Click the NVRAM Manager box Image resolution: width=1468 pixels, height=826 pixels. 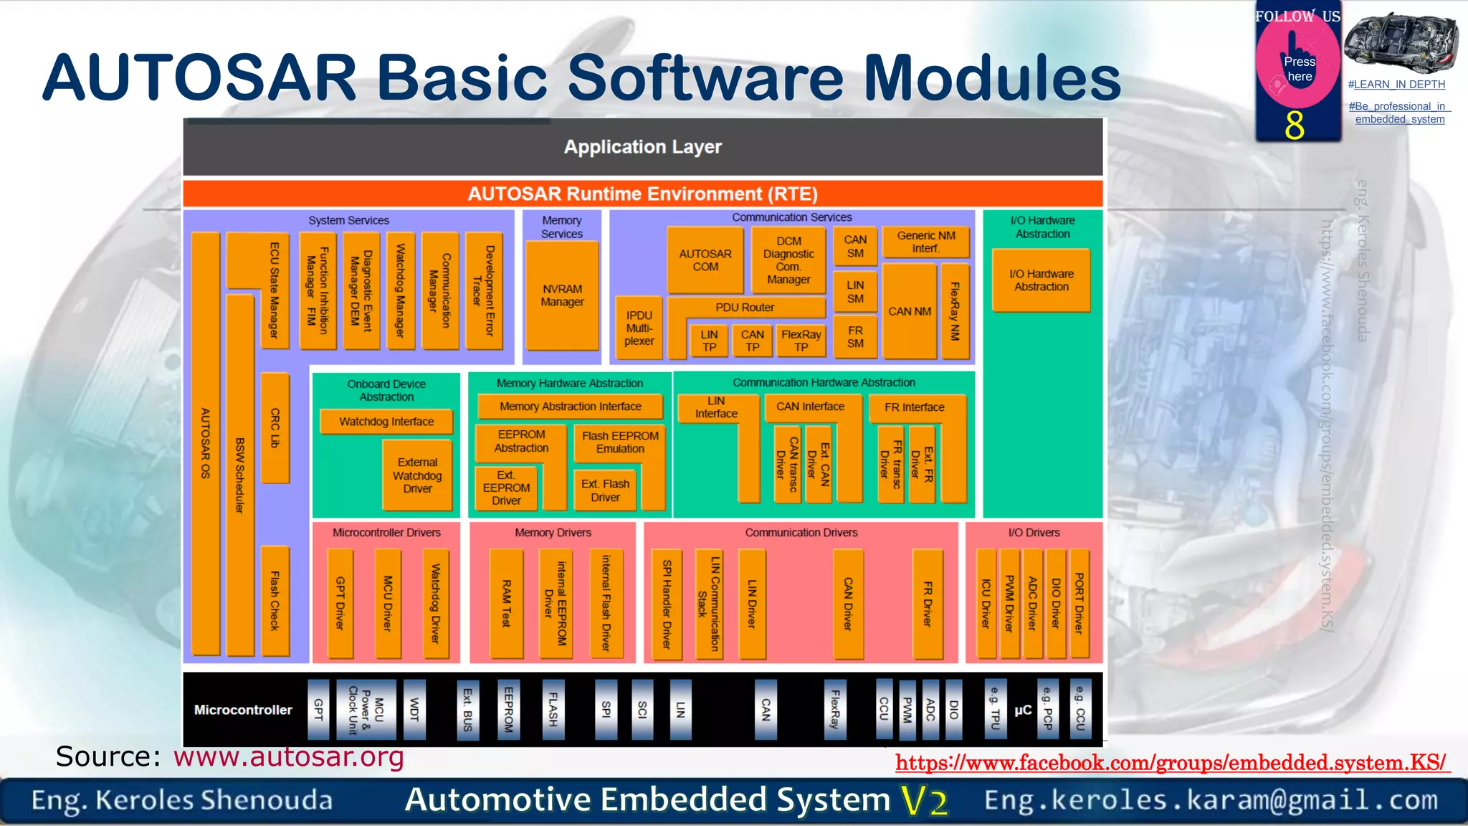point(562,295)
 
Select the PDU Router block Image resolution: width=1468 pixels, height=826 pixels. point(745,308)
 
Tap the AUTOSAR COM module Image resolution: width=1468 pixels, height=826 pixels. point(705,260)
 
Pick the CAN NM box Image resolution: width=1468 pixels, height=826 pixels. point(910,311)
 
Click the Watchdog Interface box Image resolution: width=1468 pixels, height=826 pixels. point(386,422)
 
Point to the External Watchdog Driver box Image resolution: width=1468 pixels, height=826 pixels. point(417,475)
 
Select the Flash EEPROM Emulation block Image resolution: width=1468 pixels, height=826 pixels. point(620,442)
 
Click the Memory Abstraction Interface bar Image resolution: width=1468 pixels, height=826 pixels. point(571,407)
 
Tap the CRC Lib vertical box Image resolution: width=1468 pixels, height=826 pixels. point(275,428)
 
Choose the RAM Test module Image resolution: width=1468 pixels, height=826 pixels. point(506,603)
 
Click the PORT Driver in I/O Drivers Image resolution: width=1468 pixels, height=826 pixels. point(1079,603)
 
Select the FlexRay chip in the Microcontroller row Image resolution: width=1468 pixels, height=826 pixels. point(835,710)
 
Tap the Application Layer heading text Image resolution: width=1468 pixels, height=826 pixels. point(642,147)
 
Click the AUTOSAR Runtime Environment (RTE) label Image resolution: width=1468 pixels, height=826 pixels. point(642,194)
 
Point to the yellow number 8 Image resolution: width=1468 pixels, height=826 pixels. point(1295,125)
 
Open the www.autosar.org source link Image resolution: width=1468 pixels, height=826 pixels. point(288,757)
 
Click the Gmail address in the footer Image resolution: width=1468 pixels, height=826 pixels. point(1211,800)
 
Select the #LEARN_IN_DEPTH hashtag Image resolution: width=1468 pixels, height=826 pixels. point(1396,85)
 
